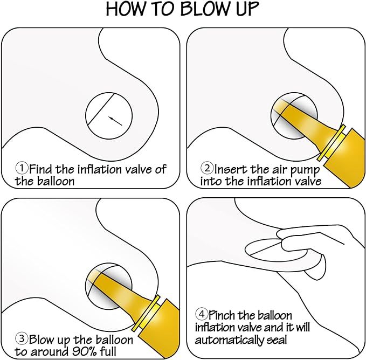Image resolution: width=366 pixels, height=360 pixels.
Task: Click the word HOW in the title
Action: [x=127, y=9]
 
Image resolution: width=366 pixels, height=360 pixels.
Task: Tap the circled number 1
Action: [x=22, y=168]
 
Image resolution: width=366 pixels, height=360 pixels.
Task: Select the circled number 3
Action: [x=22, y=338]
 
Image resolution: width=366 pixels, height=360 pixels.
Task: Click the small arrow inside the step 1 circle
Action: [x=115, y=121]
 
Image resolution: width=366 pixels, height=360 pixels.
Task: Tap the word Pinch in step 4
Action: [x=222, y=315]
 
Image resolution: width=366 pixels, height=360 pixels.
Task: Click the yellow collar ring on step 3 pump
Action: [x=146, y=313]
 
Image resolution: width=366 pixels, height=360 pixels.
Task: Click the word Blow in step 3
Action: [x=42, y=340]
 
